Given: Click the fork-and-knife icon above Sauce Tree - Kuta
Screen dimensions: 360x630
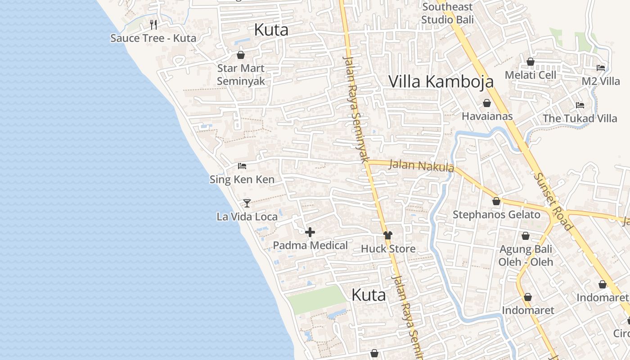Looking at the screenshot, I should pyautogui.click(x=153, y=24).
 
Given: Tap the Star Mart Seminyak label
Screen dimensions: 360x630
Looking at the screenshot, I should pyautogui.click(x=241, y=75).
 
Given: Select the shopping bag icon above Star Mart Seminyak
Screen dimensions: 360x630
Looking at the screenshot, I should pyautogui.click(x=241, y=55).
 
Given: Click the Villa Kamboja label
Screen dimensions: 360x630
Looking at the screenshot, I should pyautogui.click(x=441, y=81).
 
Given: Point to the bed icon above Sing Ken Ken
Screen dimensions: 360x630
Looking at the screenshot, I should pyautogui.click(x=242, y=166).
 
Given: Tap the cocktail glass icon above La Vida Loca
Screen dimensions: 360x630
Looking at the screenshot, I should pyautogui.click(x=247, y=203).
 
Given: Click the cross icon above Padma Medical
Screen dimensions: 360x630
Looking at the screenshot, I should pyautogui.click(x=310, y=232).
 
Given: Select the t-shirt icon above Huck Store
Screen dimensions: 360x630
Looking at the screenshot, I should pyautogui.click(x=388, y=235).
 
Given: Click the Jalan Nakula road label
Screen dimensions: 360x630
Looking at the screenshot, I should pyautogui.click(x=421, y=166).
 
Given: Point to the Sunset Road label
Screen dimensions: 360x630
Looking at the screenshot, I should pyautogui.click(x=553, y=201).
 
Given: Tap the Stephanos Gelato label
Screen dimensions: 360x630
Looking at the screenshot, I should pyautogui.click(x=496, y=215).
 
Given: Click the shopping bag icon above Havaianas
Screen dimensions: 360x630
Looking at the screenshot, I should pyautogui.click(x=486, y=103).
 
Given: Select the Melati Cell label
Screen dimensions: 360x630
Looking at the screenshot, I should pyautogui.click(x=531, y=75).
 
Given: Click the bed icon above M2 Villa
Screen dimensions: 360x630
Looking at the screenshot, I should pyautogui.click(x=601, y=68).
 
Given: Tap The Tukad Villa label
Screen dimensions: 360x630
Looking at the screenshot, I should pyautogui.click(x=580, y=118).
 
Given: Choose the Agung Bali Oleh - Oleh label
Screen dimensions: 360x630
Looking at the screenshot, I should pyautogui.click(x=526, y=255).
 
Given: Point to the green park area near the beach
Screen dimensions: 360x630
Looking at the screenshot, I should pyautogui.click(x=317, y=299).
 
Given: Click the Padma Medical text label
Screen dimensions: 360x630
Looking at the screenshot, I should pyautogui.click(x=310, y=245).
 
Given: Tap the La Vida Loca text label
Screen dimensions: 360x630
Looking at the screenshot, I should pyautogui.click(x=247, y=216).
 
